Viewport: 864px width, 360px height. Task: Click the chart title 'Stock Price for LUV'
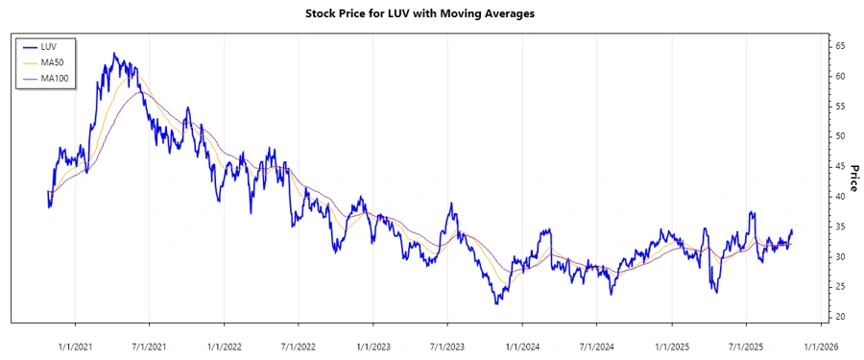tap(432, 13)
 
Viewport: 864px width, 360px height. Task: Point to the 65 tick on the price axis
tap(839, 46)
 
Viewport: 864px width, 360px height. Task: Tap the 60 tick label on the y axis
tap(839, 76)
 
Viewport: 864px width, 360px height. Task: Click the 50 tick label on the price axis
tap(839, 136)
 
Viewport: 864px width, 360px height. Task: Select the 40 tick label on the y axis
tap(839, 196)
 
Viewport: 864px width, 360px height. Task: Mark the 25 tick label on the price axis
tap(839, 287)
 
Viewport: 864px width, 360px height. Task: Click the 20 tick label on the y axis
tap(839, 317)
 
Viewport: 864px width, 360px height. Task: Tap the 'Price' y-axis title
tap(853, 177)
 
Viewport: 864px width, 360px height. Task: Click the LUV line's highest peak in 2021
tap(114, 54)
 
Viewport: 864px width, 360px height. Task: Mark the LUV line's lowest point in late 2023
tap(496, 304)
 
